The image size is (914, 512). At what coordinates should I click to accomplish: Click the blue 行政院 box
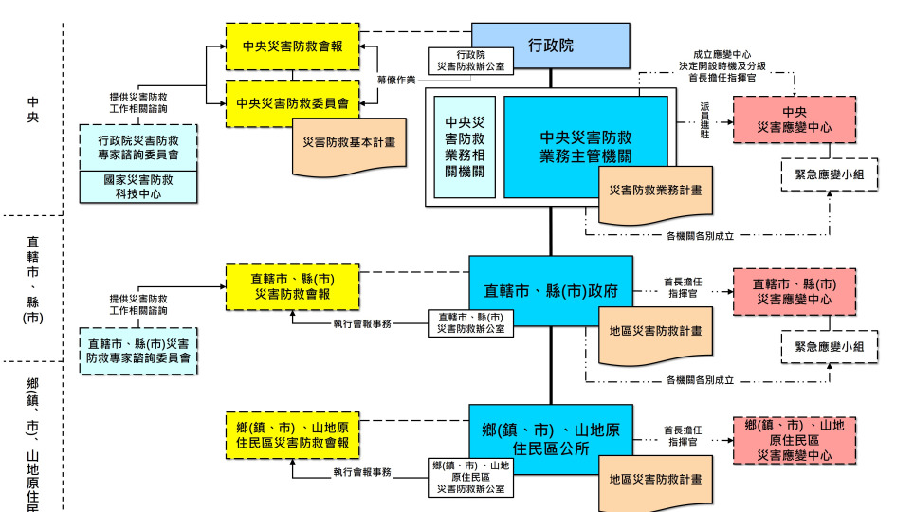point(550,46)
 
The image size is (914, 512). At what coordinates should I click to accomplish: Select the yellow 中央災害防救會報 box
point(292,46)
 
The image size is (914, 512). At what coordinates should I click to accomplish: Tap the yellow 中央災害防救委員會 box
point(292,103)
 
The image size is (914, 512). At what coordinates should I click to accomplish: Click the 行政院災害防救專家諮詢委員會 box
point(139,147)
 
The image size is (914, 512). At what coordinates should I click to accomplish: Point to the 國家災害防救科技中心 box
point(139,186)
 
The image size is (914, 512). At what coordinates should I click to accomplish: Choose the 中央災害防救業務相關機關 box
point(465,146)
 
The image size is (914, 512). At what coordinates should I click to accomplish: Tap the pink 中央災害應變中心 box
point(788,119)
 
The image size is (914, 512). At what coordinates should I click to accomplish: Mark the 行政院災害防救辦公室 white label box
point(471,62)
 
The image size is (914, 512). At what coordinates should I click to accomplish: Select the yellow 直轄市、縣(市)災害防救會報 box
point(292,286)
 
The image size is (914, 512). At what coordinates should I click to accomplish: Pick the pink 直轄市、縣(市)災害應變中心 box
point(788,292)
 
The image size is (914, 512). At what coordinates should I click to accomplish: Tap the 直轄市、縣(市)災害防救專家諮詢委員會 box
point(139,350)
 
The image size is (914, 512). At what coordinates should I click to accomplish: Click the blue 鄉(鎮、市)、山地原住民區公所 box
point(551,438)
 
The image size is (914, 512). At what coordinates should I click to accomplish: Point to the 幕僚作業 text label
point(396,80)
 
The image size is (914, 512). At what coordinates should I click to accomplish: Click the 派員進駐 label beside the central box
point(704,121)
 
